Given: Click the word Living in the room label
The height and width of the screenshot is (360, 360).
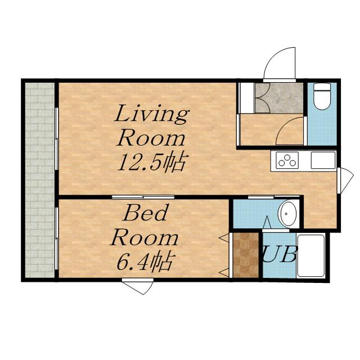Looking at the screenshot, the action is coord(152,114).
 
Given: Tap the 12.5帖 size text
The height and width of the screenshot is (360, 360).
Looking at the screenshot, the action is coord(151,162).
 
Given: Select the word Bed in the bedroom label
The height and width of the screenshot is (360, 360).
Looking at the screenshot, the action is coord(145,213).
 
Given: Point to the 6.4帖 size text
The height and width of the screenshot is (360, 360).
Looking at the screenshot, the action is coord(145,261).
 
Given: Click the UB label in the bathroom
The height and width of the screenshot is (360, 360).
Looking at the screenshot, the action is coord(280,254).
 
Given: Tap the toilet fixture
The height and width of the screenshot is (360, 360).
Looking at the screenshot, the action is coord(322,96).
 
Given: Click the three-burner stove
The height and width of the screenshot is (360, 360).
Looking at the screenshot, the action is coord(287,160).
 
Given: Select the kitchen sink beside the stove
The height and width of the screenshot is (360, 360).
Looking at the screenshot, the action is coord(323,160).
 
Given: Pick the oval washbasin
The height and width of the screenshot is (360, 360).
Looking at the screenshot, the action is coord(287,213).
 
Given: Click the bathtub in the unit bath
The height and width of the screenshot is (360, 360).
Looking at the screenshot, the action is coord(310,255).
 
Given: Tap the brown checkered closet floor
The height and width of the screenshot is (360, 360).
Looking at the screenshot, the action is coord(246,255).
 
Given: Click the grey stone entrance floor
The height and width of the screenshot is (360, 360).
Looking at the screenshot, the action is coord(279,98).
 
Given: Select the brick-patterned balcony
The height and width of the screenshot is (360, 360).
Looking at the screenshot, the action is coord(40,180).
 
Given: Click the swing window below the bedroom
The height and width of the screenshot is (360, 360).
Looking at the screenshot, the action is coord(138,286).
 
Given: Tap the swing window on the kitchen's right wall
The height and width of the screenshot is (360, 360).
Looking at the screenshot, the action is coord(345,181).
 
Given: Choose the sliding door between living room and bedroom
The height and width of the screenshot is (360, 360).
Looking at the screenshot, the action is coord(143,197).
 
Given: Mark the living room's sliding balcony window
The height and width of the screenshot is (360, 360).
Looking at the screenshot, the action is coord(57,139).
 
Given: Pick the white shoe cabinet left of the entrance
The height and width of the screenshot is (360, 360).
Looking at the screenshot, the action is coord(247,98).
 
